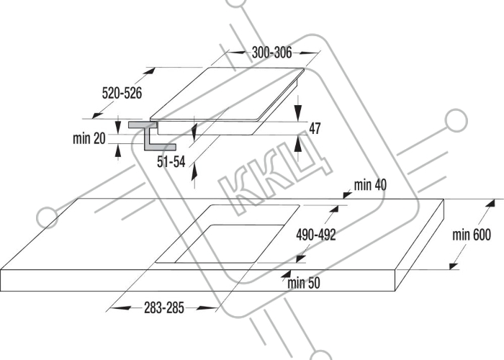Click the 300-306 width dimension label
pyautogui.click(x=271, y=53)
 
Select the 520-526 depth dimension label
pyautogui.click(x=122, y=93)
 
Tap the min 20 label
pyautogui.click(x=89, y=138)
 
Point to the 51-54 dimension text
pyautogui.click(x=171, y=162)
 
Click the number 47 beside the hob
pyautogui.click(x=315, y=128)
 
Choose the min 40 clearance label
pyautogui.click(x=370, y=185)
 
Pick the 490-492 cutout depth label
pyautogui.click(x=316, y=235)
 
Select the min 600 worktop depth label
pyautogui.click(x=472, y=235)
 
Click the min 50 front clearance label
pyautogui.click(x=304, y=283)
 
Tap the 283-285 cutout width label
pyautogui.click(x=164, y=308)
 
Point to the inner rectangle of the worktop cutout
pyautogui.click(x=230, y=243)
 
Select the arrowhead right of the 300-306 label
pyautogui.click(x=302, y=53)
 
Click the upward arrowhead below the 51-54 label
pyautogui.click(x=194, y=174)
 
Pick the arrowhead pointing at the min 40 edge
pyautogui.click(x=347, y=195)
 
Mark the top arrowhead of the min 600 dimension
pyautogui.click(x=490, y=203)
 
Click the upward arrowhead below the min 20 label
pyautogui.click(x=118, y=150)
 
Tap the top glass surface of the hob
pyautogui.click(x=227, y=94)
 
